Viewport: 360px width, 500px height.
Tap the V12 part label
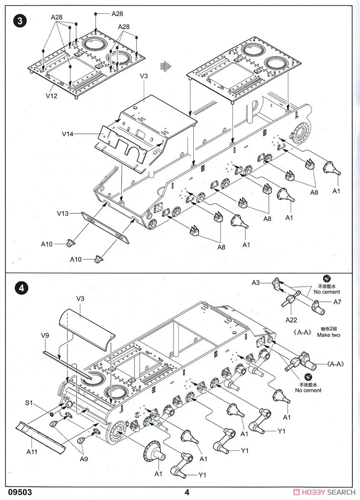(x=51, y=96)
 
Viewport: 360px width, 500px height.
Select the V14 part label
(x=67, y=134)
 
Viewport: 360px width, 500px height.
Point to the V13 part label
(x=63, y=213)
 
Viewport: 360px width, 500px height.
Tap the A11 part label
(x=32, y=451)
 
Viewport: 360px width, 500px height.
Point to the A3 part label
(x=256, y=283)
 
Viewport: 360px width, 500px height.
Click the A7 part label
(x=337, y=302)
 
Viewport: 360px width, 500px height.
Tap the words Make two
(x=328, y=335)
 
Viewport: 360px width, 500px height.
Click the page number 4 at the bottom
(x=187, y=492)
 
